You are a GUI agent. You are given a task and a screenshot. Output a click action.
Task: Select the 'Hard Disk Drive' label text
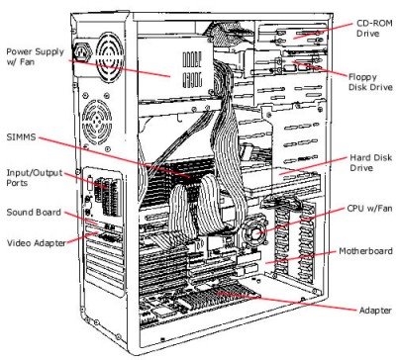pyautogui.click(x=364, y=162)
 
